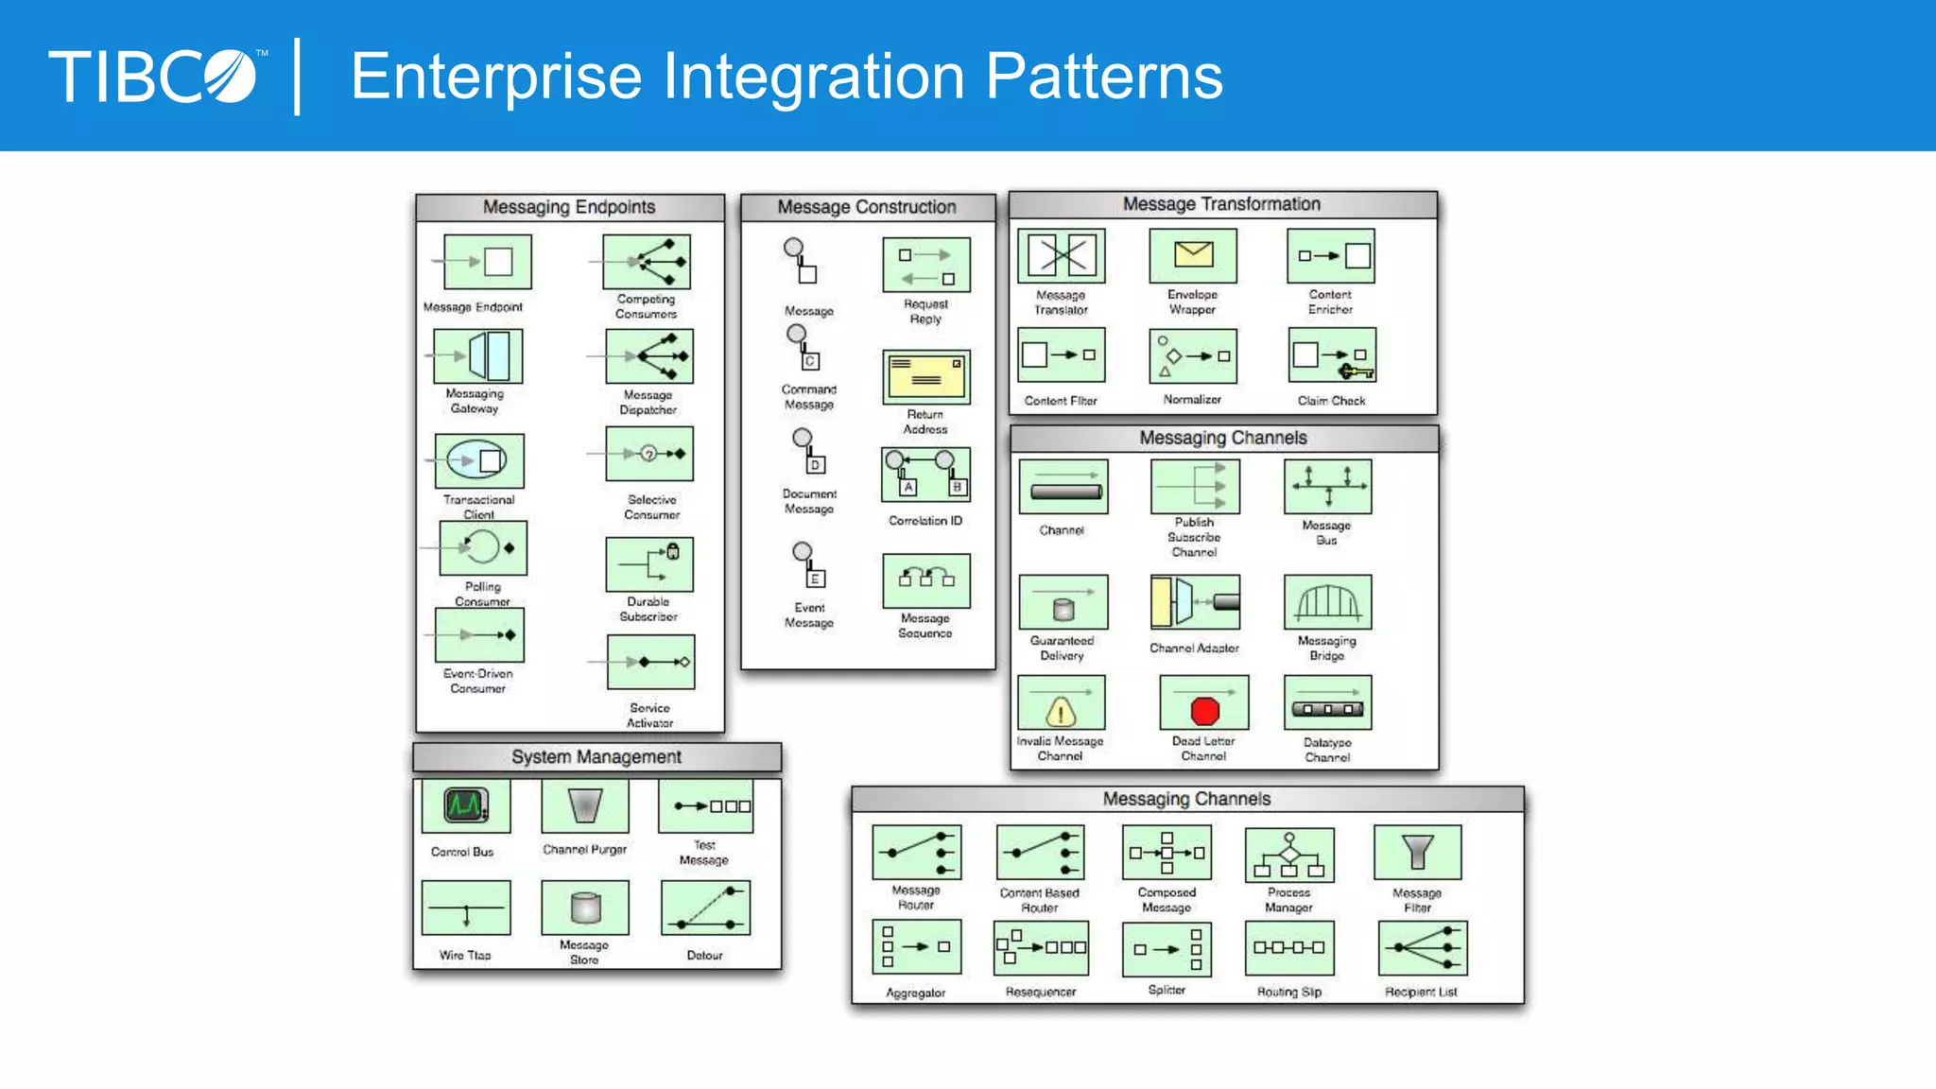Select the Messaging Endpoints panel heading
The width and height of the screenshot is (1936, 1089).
(569, 207)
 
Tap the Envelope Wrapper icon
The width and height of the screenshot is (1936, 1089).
(1193, 255)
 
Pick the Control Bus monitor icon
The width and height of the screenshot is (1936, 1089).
(466, 805)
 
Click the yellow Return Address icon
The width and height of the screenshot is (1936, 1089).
(925, 377)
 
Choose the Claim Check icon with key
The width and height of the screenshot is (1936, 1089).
(1332, 356)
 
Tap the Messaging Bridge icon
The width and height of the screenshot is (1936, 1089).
(1327, 602)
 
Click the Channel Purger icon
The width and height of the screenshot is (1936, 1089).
(585, 805)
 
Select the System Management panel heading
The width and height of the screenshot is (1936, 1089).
(596, 757)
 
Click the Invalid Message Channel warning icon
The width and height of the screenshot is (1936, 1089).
(1061, 703)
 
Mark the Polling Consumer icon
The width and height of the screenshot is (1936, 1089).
(483, 548)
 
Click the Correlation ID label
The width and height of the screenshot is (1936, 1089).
(925, 521)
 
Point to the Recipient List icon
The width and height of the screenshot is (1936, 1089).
(1423, 948)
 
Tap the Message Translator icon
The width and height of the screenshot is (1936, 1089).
(1062, 255)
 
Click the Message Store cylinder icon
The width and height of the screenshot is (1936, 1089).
(585, 907)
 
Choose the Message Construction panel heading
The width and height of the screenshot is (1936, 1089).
(867, 207)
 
